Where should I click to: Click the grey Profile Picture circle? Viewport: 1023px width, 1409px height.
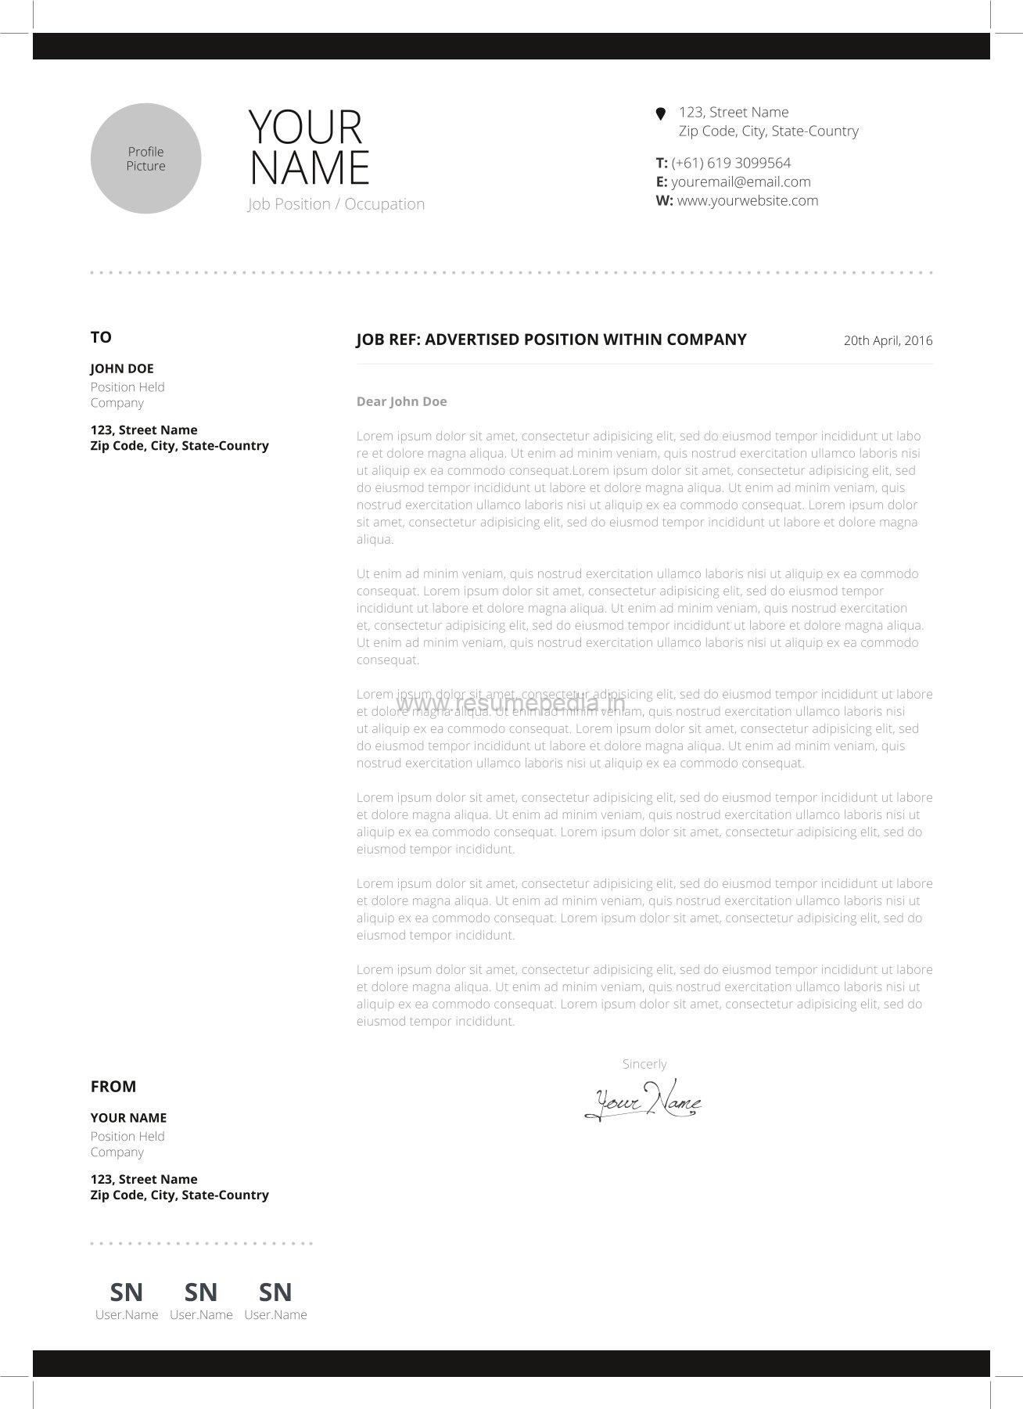coord(145,159)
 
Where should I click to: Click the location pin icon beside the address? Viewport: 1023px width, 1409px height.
coord(661,114)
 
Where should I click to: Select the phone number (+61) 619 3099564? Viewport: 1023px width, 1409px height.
coord(731,164)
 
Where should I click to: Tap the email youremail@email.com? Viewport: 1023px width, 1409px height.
coord(741,182)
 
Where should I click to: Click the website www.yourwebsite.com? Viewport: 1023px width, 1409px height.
coord(748,201)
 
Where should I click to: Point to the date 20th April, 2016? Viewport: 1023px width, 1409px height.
coord(888,341)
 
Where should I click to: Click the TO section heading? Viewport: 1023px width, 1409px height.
coord(101,338)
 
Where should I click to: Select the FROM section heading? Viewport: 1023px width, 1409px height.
coord(113,1087)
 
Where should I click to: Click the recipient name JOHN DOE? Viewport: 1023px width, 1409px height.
coord(122,369)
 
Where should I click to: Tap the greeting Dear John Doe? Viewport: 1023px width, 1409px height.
coord(402,402)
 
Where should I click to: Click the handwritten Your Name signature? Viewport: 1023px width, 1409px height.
coord(643,1100)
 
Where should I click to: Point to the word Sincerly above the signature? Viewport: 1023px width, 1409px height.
coord(644,1065)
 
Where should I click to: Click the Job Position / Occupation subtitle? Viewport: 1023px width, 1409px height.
coord(336,204)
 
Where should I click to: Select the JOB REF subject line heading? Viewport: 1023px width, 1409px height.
coord(551,340)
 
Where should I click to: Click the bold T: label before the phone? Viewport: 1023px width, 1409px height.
coord(662,164)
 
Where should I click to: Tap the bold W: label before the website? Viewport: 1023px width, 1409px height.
coord(664,201)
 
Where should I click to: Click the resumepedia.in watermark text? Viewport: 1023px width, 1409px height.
coord(511,704)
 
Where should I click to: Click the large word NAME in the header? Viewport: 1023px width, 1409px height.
coord(310,168)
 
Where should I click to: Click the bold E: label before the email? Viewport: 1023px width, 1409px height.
coord(662,182)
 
